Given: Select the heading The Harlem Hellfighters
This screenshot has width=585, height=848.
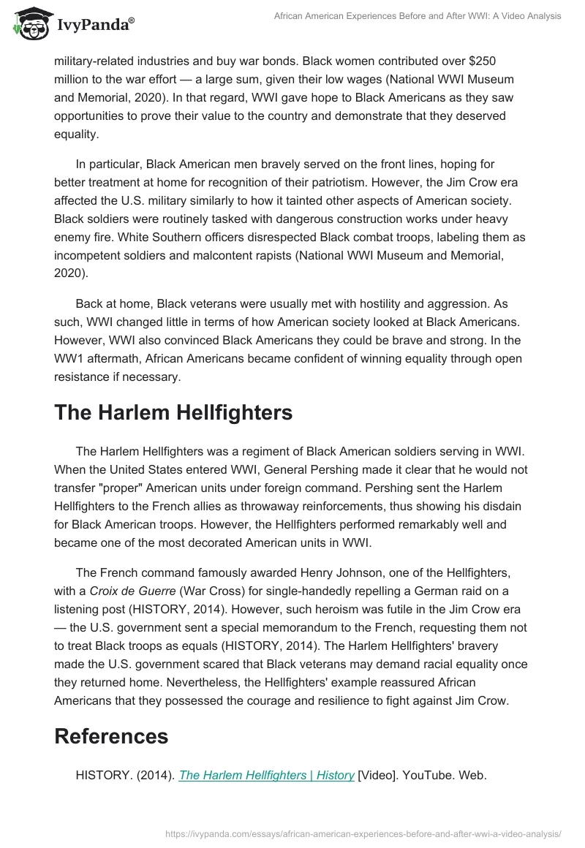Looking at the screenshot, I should point(173,412).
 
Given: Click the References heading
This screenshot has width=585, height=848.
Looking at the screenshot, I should point(111,736).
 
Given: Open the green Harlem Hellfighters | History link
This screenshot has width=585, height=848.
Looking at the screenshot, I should point(266,775).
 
